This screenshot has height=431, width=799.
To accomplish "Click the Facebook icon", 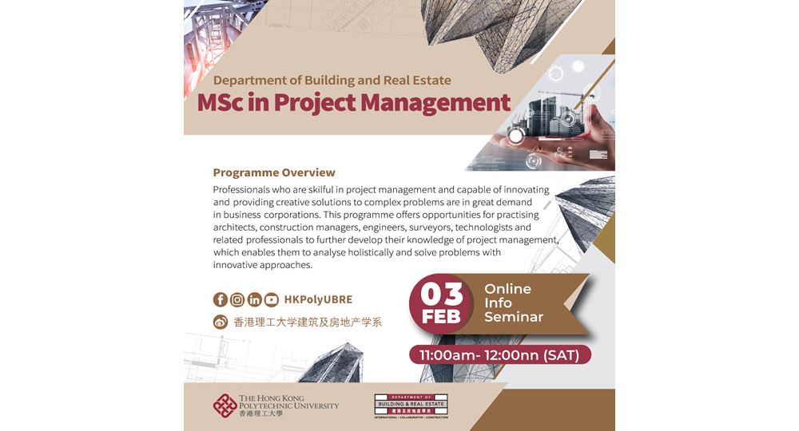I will (221, 300).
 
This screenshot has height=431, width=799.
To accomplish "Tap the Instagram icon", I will (237, 300).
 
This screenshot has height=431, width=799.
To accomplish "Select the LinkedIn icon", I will (254, 300).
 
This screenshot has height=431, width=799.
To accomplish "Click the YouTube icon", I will (272, 300).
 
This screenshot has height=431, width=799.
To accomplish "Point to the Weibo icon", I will (221, 322).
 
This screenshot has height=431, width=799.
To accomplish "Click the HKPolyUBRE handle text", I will (318, 300).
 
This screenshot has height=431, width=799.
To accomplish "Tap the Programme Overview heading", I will (274, 172).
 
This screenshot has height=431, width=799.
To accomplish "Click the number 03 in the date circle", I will (442, 295).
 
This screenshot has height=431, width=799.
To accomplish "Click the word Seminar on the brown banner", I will (514, 317).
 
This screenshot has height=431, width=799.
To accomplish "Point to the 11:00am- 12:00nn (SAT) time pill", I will (500, 354).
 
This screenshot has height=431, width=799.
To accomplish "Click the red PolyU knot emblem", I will (225, 405).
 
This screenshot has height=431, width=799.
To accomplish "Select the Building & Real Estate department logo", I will (411, 405).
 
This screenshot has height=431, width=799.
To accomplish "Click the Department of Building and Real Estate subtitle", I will (332, 80).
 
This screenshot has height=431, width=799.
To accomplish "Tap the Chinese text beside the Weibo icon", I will (308, 322).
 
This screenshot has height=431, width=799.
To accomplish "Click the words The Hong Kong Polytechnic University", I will (288, 401).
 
